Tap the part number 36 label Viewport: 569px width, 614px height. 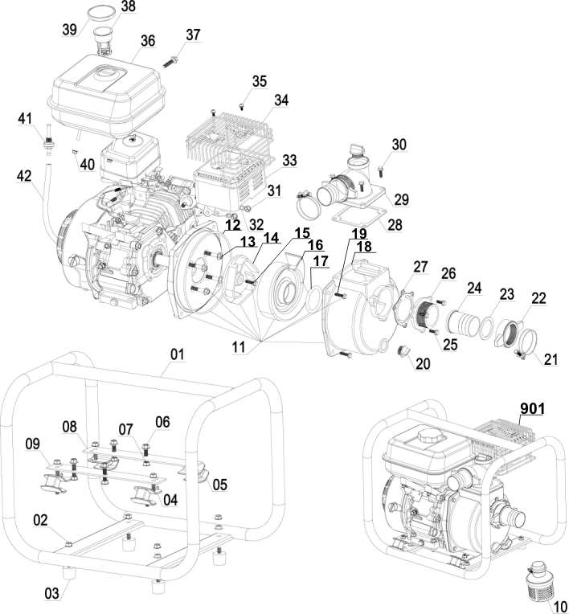(147, 40)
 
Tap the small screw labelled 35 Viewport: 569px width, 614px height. (242, 105)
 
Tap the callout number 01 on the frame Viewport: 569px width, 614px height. (177, 353)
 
